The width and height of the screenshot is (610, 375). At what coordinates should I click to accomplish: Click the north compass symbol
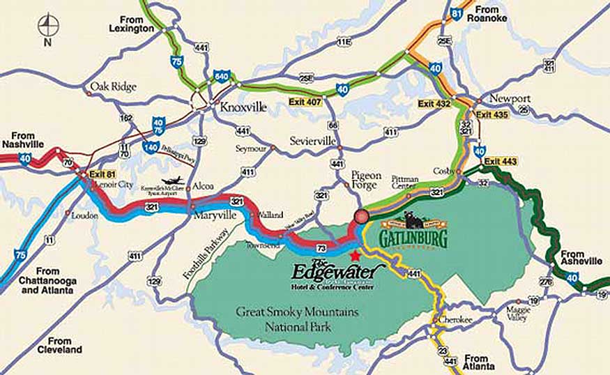coord(48,27)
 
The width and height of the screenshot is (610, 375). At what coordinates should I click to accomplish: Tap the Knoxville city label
coord(243,108)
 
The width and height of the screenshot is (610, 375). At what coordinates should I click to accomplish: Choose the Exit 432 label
coord(434,104)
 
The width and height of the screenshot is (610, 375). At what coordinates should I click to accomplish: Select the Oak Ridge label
coord(113,87)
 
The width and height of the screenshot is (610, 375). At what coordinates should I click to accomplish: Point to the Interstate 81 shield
coord(456,13)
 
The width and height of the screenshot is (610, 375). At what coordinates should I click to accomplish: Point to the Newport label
coord(510,98)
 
